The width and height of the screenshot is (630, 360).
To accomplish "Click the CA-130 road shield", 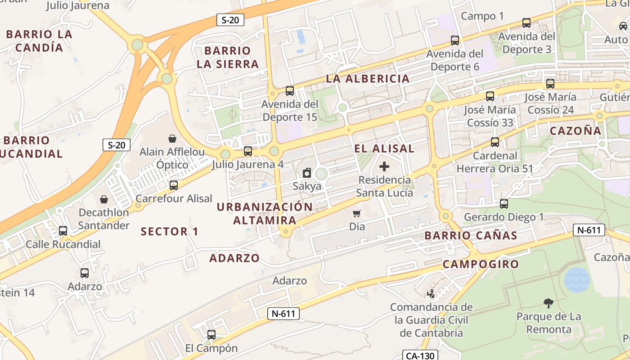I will pyautogui.click(x=420, y=355).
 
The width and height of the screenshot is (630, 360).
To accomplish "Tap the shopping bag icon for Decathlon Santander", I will pyautogui.click(x=104, y=199).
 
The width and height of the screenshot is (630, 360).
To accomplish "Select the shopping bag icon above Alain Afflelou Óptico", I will pyautogui.click(x=172, y=138).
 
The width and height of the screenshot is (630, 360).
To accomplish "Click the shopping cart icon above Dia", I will pyautogui.click(x=357, y=213).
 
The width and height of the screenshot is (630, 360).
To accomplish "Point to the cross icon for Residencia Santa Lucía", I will pyautogui.click(x=384, y=167).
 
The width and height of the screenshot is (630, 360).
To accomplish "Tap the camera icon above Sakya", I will pyautogui.click(x=307, y=173).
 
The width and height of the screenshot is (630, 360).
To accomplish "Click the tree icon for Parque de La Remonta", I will pyautogui.click(x=548, y=303).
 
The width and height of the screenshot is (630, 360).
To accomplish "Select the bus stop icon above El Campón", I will pyautogui.click(x=211, y=335).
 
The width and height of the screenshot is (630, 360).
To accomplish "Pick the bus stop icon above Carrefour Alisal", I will pyautogui.click(x=174, y=185).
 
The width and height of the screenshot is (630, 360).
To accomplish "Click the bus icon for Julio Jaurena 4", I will pyautogui.click(x=247, y=151).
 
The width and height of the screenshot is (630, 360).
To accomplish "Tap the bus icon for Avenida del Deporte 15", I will pyautogui.click(x=290, y=91).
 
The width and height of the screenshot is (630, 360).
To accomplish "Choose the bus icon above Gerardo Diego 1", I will pyautogui.click(x=504, y=204).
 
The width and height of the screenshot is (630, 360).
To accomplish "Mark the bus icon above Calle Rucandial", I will pyautogui.click(x=63, y=231).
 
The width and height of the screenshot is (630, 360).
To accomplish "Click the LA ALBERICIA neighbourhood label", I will pyautogui.click(x=368, y=79).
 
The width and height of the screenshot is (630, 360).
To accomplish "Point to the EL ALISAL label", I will pyautogui.click(x=384, y=148).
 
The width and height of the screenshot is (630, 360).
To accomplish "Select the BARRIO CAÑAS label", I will pyautogui.click(x=471, y=235).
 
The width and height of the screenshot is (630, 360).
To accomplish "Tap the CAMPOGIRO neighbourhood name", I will pyautogui.click(x=481, y=264).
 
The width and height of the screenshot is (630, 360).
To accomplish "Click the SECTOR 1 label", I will pyautogui.click(x=170, y=232).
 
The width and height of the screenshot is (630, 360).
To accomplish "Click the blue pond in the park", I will pyautogui.click(x=577, y=280).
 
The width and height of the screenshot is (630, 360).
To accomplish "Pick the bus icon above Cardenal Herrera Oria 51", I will pyautogui.click(x=495, y=142).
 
